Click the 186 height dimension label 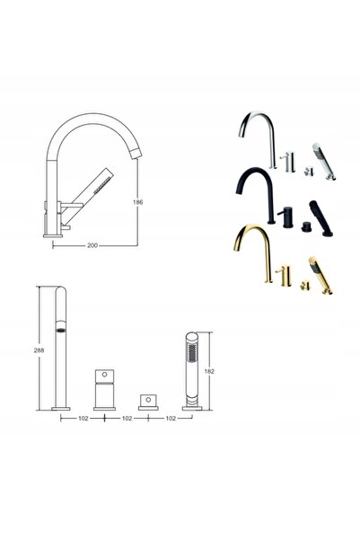pos(137,202)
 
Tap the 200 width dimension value pos(92,245)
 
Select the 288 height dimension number pos(39,350)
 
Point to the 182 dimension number pos(209,371)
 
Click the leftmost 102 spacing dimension pos(83,419)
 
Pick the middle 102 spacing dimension pos(127,419)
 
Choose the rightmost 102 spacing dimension pos(171,419)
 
